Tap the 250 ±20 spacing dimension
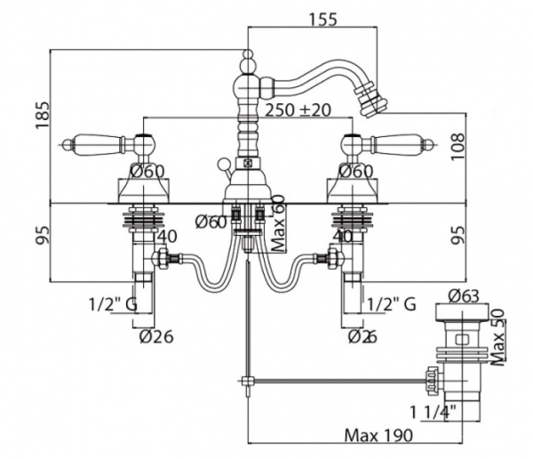pyautogui.click(x=298, y=109)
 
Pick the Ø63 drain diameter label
pyautogui.click(x=463, y=295)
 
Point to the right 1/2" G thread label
pyautogui.click(x=391, y=304)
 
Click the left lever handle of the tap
pyautogui.click(x=92, y=142)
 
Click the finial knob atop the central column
pyautogui.click(x=246, y=64)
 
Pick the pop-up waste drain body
pyautogui.click(x=462, y=365)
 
